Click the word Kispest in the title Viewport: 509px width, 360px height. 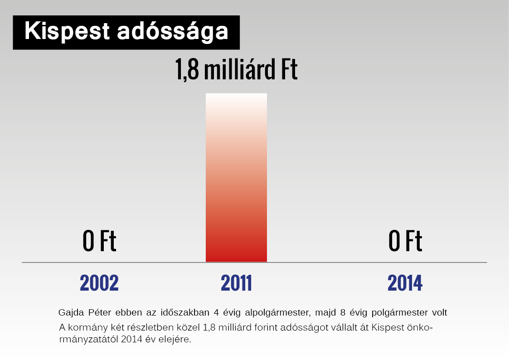click(x=67, y=32)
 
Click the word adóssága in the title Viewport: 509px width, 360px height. click(x=173, y=32)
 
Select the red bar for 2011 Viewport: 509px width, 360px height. click(x=236, y=178)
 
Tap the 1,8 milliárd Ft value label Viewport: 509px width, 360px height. click(x=236, y=69)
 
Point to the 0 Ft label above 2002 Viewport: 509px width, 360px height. click(x=99, y=241)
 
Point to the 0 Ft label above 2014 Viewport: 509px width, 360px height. click(x=405, y=241)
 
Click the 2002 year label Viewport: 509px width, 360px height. click(x=99, y=283)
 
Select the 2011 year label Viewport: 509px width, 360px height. click(x=236, y=283)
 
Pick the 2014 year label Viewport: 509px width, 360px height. click(x=405, y=283)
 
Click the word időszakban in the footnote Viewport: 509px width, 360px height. click(x=185, y=312)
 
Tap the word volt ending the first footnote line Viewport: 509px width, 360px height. click(x=440, y=312)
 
